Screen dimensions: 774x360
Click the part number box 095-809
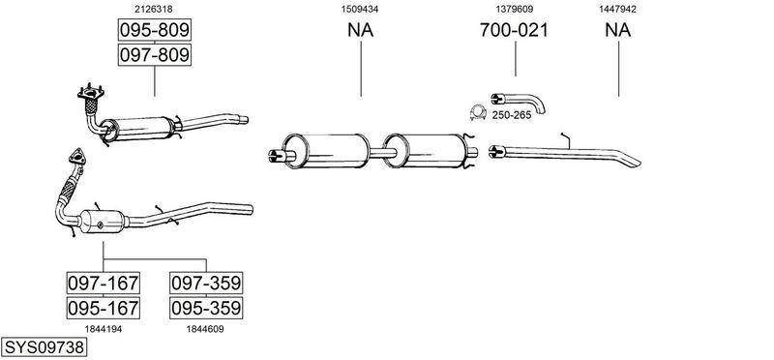(x=155, y=30)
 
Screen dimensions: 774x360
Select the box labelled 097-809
(x=155, y=54)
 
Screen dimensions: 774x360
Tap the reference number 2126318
(x=154, y=9)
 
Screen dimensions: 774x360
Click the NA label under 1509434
(x=360, y=30)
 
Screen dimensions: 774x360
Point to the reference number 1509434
(x=360, y=9)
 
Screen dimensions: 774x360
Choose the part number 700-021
(x=514, y=30)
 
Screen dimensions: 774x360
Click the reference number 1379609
(x=515, y=9)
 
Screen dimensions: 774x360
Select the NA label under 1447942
(x=618, y=30)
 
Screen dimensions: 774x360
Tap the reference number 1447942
(x=617, y=9)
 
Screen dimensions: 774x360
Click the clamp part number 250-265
(x=512, y=115)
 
